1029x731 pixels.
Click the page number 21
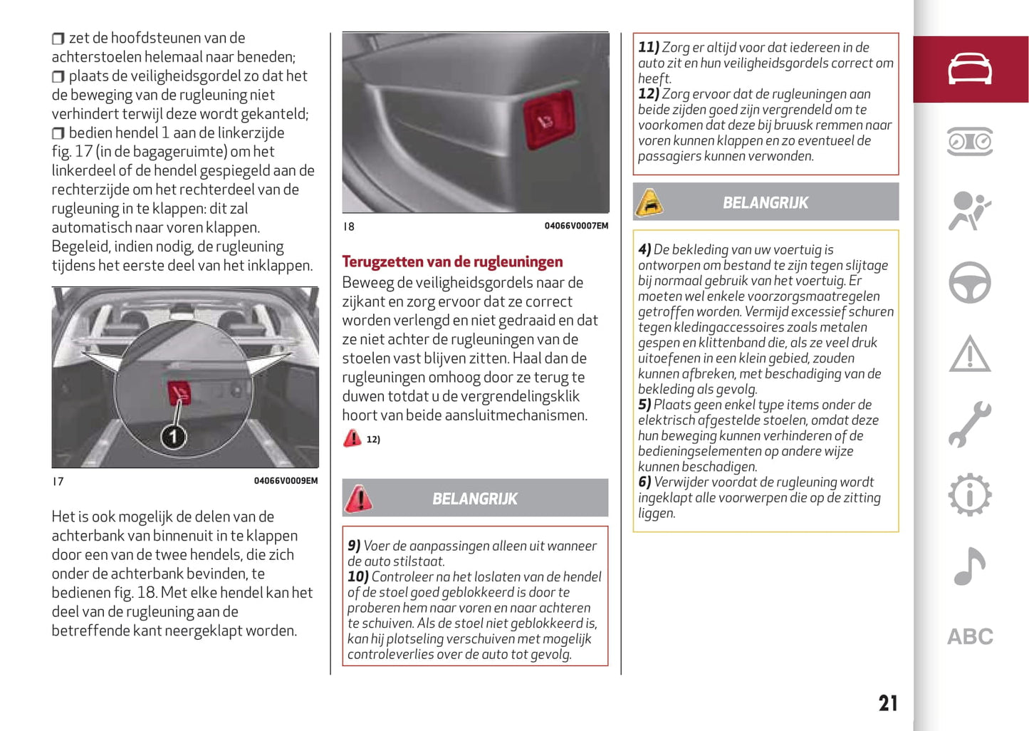(x=887, y=703)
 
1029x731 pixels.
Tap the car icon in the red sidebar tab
(x=969, y=68)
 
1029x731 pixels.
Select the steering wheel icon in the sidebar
(x=969, y=282)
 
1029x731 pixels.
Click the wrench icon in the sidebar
(x=969, y=424)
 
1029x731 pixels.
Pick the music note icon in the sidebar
(x=969, y=566)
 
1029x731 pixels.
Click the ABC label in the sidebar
(x=969, y=636)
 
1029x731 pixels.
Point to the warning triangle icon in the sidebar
(x=969, y=354)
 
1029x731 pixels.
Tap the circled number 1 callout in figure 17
(x=173, y=436)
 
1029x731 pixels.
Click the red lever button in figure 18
(x=548, y=120)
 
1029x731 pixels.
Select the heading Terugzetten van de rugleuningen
(x=452, y=261)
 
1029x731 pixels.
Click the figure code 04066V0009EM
(x=286, y=481)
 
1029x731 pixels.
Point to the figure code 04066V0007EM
(x=576, y=226)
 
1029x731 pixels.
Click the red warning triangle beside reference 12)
(x=352, y=438)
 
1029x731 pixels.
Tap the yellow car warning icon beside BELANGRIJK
(x=649, y=202)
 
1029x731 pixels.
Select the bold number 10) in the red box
(x=357, y=576)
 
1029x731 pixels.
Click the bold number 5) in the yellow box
(x=644, y=405)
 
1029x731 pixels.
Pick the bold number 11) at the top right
(x=648, y=48)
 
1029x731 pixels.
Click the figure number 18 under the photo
(x=348, y=227)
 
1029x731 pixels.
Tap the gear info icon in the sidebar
(x=969, y=494)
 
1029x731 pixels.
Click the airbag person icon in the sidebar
(x=969, y=211)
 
